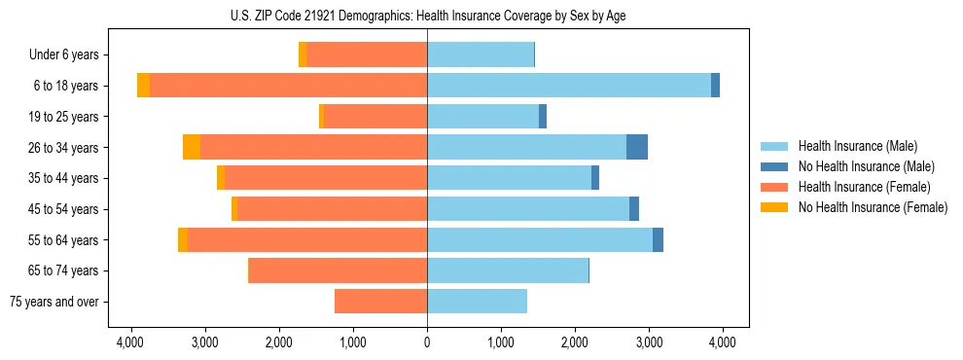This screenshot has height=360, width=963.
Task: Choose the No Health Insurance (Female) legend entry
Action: [x=873, y=207]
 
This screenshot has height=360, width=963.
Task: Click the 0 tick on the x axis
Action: [x=427, y=342]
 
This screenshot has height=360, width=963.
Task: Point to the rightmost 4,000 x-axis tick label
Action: [x=722, y=342]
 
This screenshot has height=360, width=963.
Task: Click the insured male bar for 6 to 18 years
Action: [x=569, y=86]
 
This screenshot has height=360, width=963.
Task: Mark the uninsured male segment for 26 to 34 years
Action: [x=637, y=148]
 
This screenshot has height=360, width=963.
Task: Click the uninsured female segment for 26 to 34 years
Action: [x=192, y=148]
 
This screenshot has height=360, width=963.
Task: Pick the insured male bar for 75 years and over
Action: [x=477, y=302]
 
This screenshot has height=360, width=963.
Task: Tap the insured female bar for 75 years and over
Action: [x=380, y=302]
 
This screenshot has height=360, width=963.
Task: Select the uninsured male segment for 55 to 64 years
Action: [x=658, y=239]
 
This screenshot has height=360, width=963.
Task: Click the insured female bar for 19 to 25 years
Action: [x=375, y=117]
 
